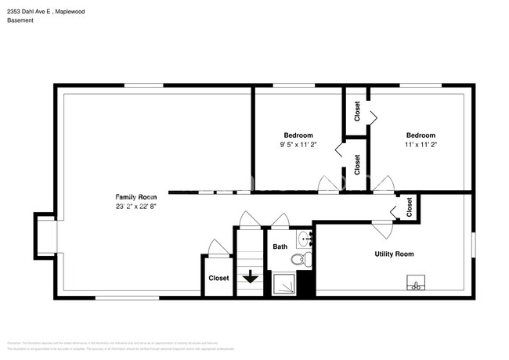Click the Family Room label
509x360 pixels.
pos(136,196)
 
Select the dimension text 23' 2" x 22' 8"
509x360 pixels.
pos(136,207)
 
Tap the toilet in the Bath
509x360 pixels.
pos(300,260)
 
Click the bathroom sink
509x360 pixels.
pos(305,239)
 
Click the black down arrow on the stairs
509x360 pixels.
pos(249,276)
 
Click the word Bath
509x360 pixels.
pos(280,247)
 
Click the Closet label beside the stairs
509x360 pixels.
pos(218,278)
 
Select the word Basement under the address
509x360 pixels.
pos(21,20)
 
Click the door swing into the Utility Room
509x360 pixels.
pos(382,229)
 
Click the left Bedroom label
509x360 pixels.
pos(298,135)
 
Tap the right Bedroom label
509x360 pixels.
pos(421,135)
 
